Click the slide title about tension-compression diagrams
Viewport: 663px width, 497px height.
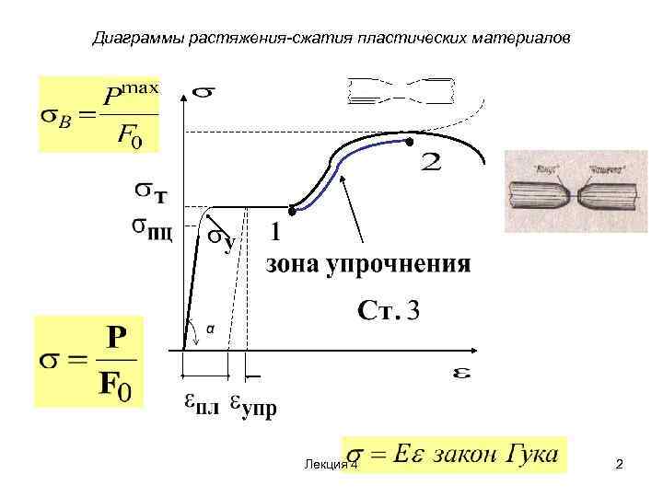(332, 39)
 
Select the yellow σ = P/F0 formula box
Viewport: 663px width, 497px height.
(88, 361)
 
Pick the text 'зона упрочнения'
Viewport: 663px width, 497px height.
(368, 265)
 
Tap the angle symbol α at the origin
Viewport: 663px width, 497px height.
(210, 328)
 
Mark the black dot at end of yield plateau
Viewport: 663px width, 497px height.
(292, 208)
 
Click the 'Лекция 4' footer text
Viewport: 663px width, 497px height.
(329, 466)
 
